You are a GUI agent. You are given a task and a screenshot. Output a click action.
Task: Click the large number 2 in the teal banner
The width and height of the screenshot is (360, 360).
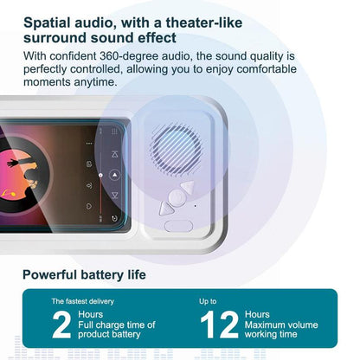61,325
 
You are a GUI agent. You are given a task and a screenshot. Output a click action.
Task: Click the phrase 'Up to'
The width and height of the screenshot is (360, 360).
208,300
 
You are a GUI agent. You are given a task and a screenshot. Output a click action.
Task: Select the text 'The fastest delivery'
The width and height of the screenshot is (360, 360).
80,300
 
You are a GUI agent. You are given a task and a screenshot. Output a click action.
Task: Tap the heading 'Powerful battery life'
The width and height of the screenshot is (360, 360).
84,274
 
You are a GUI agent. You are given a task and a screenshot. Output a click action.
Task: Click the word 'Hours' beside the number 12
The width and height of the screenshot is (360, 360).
257,314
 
